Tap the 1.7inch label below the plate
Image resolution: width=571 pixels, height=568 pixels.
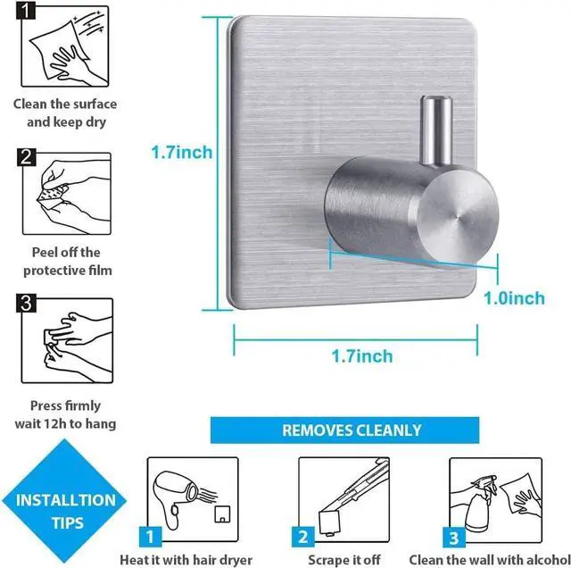tap(361, 356)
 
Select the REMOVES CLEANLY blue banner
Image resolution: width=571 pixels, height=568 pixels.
tap(352, 430)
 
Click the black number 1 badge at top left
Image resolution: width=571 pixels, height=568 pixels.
tap(28, 12)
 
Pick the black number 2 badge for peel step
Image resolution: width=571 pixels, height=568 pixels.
tap(28, 158)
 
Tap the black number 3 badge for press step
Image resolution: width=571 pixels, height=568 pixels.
tap(28, 304)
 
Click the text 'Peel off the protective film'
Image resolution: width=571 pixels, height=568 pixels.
tap(65, 261)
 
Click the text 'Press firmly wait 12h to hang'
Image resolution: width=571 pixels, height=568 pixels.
tap(65, 414)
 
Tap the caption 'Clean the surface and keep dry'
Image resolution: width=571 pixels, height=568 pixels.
tap(65, 113)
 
